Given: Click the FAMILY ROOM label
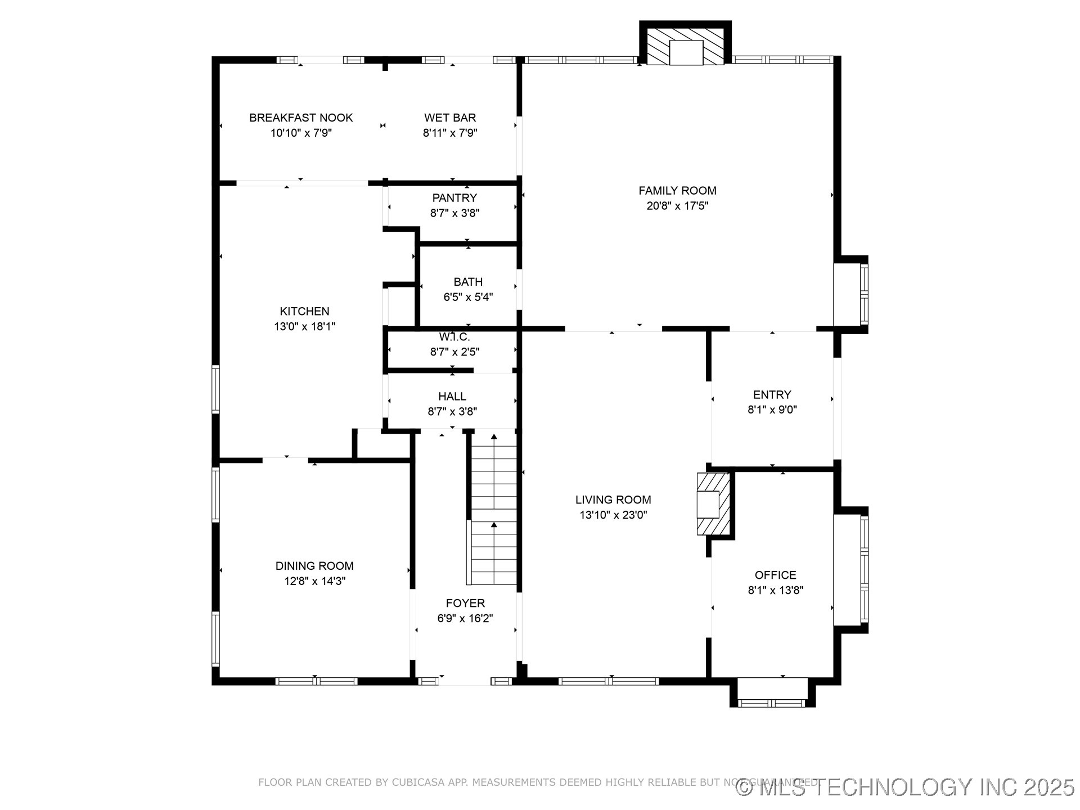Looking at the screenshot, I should [677, 191].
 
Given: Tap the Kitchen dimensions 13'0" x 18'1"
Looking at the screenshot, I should [304, 327].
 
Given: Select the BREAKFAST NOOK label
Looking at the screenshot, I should [301, 118].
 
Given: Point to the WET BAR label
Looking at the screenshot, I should [450, 118].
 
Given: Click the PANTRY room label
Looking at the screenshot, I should [454, 198].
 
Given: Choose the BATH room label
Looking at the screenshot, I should [468, 282].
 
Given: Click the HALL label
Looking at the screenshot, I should [452, 397].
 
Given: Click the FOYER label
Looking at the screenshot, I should [465, 604].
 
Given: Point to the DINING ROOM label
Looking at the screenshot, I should [314, 566].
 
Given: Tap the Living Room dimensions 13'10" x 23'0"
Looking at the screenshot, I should [613, 515].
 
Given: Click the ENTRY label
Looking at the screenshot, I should [772, 395].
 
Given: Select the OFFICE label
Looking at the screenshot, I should [775, 575].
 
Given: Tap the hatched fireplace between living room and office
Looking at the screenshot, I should [713, 504].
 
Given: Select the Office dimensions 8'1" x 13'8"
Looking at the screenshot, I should [775, 591].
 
